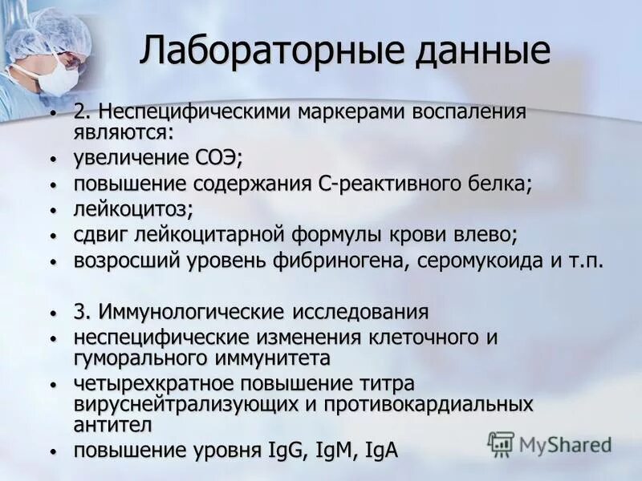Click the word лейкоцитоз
(x=132, y=210)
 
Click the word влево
(x=484, y=236)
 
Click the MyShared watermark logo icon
(x=501, y=443)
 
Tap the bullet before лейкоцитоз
(x=53, y=211)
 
